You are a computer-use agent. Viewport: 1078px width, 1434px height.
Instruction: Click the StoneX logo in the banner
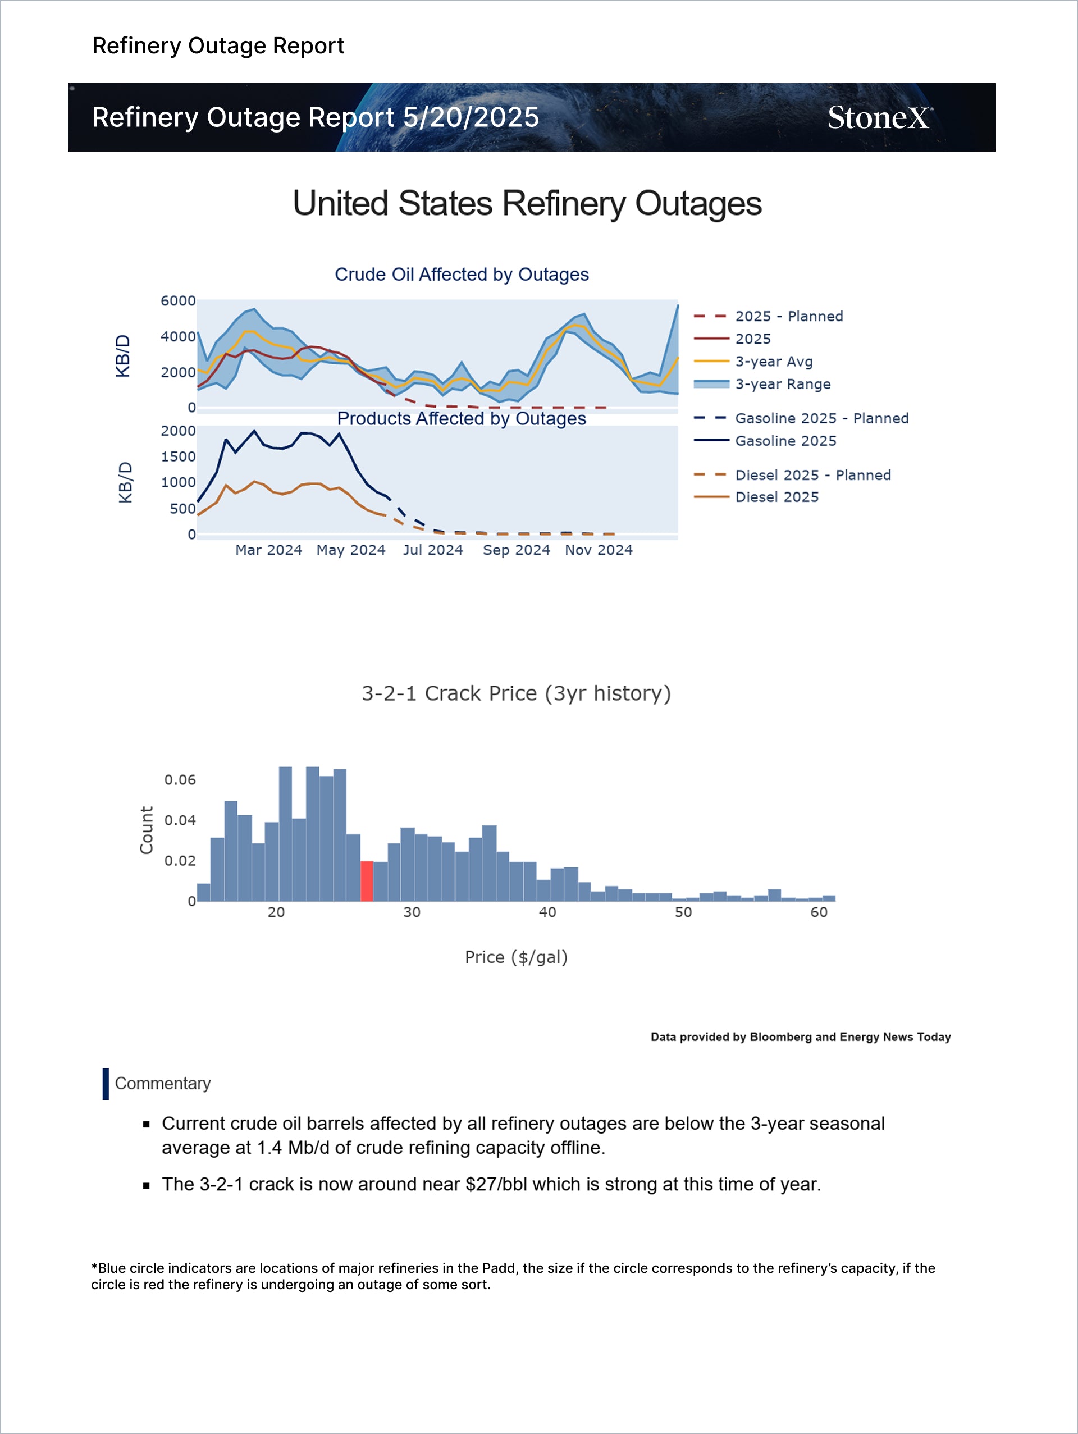tap(880, 118)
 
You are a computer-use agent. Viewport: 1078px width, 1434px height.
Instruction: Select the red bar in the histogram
tap(367, 881)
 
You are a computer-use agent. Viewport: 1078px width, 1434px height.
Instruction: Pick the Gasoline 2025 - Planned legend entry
tap(821, 418)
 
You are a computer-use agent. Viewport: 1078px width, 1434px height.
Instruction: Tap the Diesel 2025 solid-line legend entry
tap(776, 497)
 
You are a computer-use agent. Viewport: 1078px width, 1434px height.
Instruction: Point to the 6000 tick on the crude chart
tap(177, 301)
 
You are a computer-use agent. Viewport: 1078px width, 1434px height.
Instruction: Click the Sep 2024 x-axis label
tap(516, 550)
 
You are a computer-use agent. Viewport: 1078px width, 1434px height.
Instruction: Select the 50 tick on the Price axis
tap(683, 912)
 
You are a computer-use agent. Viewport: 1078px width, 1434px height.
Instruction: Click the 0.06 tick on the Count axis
tap(180, 780)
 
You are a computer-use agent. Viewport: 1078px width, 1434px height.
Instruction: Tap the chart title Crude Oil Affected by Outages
tap(462, 275)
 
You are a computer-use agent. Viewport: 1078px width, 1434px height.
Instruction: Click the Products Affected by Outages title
tap(462, 419)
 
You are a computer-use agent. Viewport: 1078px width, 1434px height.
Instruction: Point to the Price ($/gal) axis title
tap(516, 957)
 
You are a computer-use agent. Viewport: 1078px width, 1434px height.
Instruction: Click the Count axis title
tap(147, 830)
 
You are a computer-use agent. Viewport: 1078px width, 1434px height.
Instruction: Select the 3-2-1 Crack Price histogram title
tap(516, 693)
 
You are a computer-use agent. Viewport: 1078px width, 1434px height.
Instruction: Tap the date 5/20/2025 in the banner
tap(471, 118)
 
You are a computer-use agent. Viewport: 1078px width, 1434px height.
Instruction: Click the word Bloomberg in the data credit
tap(780, 1037)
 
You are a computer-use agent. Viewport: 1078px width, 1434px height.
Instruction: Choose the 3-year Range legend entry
tap(783, 385)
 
